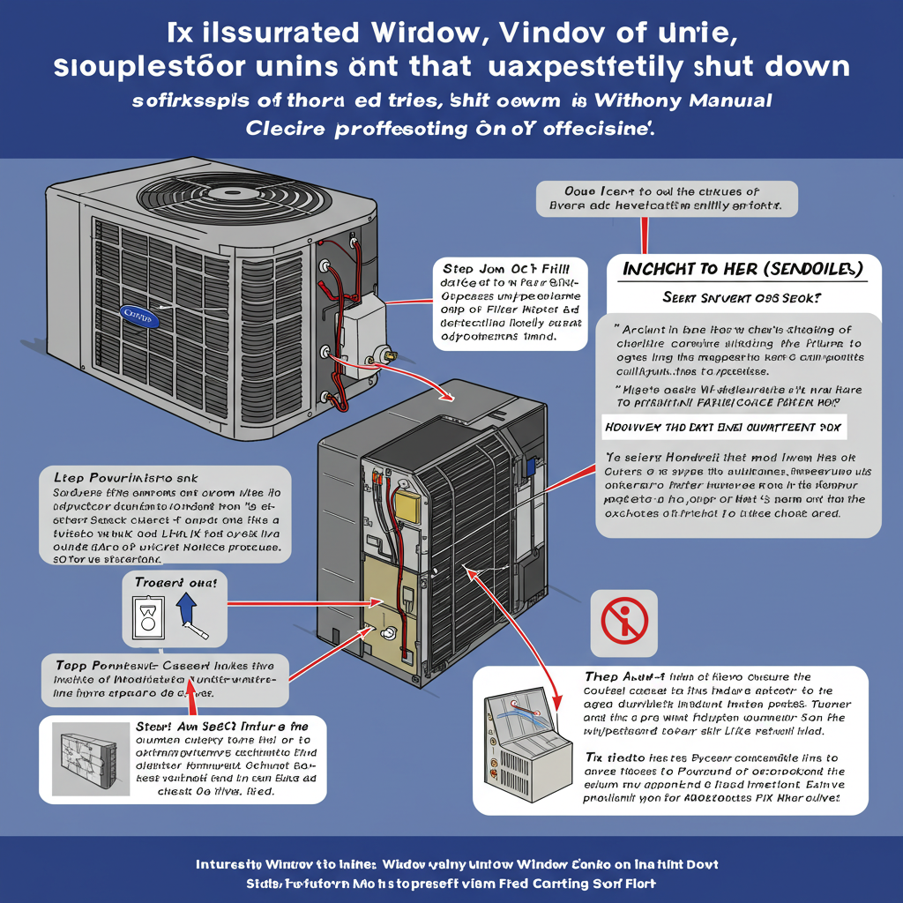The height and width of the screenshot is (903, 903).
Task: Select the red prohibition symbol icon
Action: click(x=623, y=623)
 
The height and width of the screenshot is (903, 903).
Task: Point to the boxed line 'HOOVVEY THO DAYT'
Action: click(x=723, y=427)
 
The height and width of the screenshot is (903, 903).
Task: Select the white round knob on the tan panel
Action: click(x=387, y=633)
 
